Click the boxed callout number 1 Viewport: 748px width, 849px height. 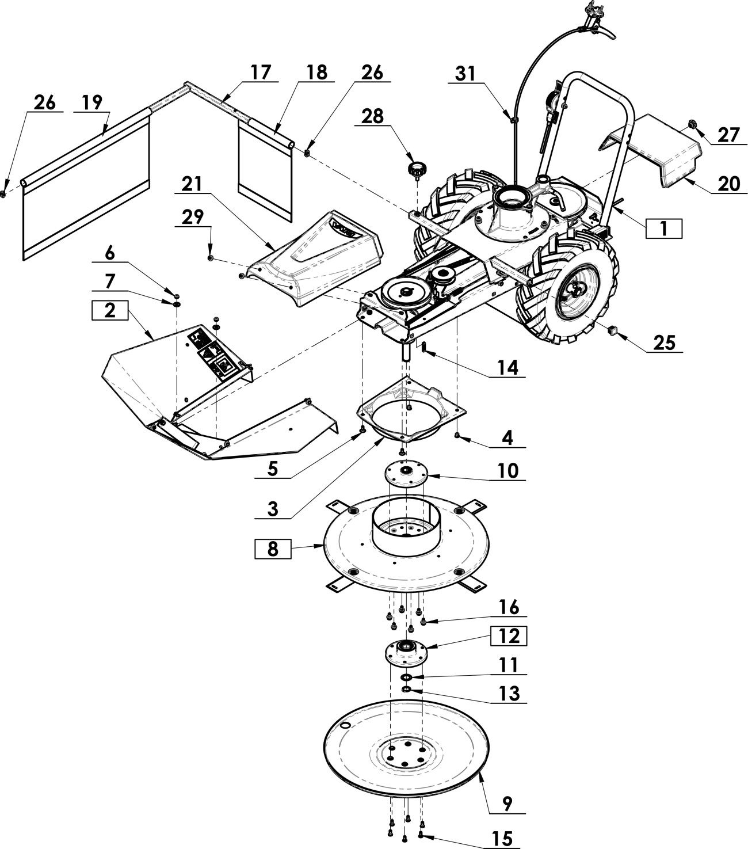(x=664, y=229)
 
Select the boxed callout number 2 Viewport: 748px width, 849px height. (x=110, y=310)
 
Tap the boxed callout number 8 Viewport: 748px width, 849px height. (x=273, y=549)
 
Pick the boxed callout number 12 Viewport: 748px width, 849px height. (x=509, y=637)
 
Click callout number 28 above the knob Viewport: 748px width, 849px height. (x=372, y=116)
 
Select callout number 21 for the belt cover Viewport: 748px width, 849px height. (x=192, y=184)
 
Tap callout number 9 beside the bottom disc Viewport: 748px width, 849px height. (x=507, y=804)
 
